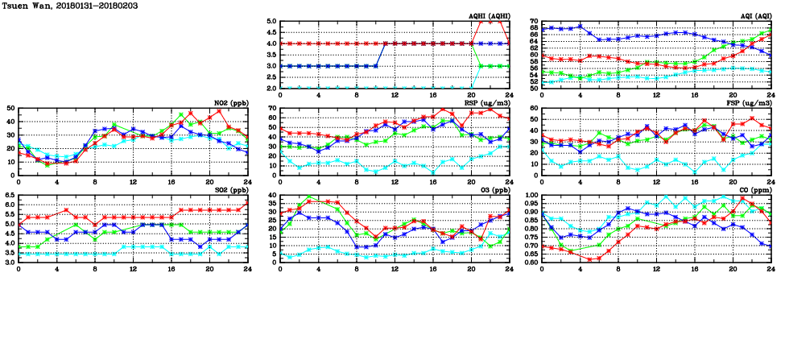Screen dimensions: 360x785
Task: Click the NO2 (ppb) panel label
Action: (231, 103)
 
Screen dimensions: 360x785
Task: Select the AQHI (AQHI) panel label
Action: (489, 16)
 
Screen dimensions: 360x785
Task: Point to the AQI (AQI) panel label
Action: (754, 16)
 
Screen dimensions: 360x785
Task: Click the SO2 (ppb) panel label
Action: (231, 190)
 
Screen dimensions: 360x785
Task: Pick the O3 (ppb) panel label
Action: (494, 190)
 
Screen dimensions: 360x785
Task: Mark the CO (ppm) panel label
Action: (754, 190)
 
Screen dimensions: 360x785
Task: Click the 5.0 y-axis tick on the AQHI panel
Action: (271, 22)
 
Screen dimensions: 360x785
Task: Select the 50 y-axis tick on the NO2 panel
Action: (10, 108)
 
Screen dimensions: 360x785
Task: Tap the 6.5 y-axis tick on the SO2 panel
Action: (9, 195)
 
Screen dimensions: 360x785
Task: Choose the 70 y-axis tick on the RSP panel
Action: (272, 108)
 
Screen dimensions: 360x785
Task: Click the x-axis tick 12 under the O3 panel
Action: (395, 269)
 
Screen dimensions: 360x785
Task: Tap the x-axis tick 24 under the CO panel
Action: (771, 269)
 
